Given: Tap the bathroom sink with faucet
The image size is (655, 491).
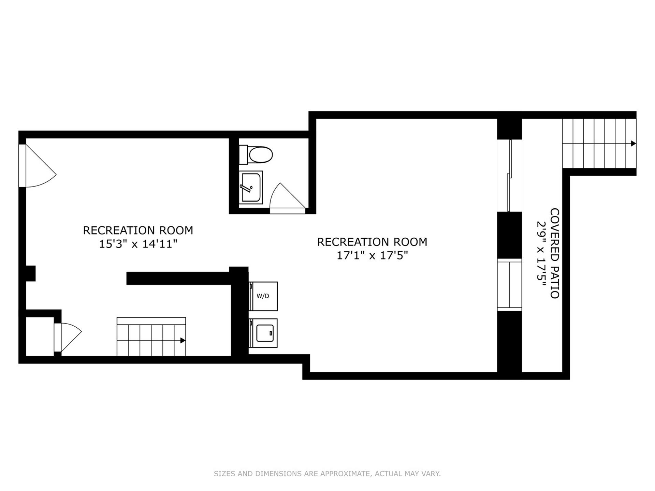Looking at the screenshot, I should pyautogui.click(x=251, y=187).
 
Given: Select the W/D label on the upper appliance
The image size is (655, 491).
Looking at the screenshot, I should pyautogui.click(x=263, y=296).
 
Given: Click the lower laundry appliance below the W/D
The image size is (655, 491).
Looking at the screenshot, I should pyautogui.click(x=263, y=333).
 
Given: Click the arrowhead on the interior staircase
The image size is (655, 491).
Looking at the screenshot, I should pyautogui.click(x=183, y=340).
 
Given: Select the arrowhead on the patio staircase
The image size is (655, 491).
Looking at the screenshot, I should pyautogui.click(x=633, y=144).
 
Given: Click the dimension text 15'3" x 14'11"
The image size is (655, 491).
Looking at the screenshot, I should pyautogui.click(x=138, y=244).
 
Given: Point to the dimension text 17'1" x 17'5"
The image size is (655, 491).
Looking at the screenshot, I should pyautogui.click(x=372, y=255).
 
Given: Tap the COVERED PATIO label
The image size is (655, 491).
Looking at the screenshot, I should pyautogui.click(x=555, y=253).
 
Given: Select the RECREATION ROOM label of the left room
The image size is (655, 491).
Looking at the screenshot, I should pyautogui.click(x=138, y=230).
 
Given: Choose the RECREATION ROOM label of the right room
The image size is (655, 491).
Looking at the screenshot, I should pyautogui.click(x=372, y=242).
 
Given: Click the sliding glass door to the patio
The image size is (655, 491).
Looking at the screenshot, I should pyautogui.click(x=509, y=176).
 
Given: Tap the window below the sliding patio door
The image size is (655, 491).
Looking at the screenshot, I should pyautogui.click(x=509, y=285).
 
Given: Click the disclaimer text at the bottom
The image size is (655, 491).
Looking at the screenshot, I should pyautogui.click(x=327, y=474).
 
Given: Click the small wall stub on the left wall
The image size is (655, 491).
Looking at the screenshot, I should pyautogui.click(x=31, y=273).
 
